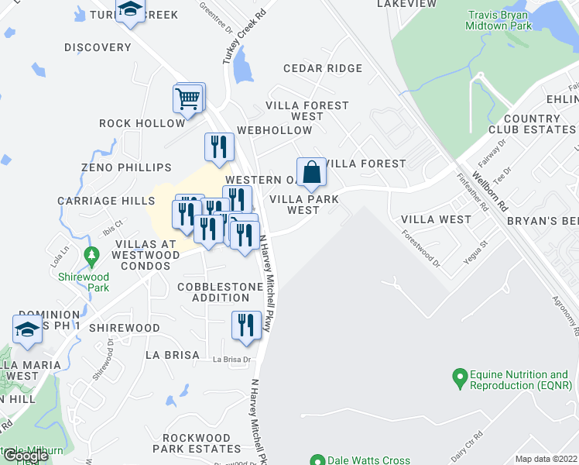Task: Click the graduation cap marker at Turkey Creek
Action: tap(131, 10)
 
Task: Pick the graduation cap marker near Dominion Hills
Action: tap(27, 329)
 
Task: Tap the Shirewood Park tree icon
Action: tap(92, 254)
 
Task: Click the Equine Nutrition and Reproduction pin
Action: tap(459, 380)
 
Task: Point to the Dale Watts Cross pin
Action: tap(317, 460)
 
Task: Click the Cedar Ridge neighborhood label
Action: tap(323, 68)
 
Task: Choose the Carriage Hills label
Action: tap(106, 201)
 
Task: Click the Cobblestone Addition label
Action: tap(220, 292)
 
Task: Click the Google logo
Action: tap(26, 456)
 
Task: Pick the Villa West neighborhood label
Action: tap(435, 219)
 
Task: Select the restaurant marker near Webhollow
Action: tap(219, 147)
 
